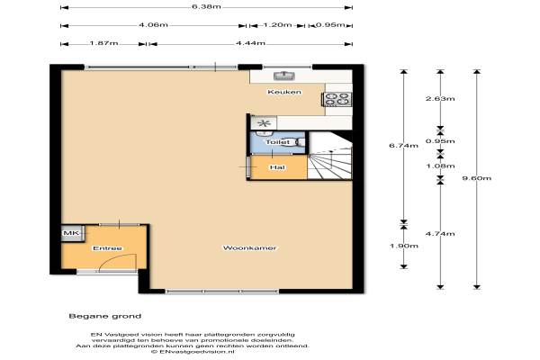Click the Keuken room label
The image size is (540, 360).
click(x=284, y=92)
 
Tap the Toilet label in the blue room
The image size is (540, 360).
click(x=277, y=142)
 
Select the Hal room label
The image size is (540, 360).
click(x=277, y=167)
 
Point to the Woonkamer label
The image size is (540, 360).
click(x=249, y=248)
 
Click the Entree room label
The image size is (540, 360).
click(x=107, y=248)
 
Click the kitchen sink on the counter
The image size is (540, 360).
click(x=284, y=76)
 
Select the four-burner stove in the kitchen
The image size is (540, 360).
click(x=337, y=99)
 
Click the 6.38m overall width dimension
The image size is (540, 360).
click(x=206, y=6)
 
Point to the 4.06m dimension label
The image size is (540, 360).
click(x=153, y=25)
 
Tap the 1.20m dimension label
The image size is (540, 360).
click(x=277, y=25)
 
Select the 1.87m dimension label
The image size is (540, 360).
click(x=103, y=43)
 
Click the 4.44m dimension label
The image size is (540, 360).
click(x=250, y=43)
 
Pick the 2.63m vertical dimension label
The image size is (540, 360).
click(x=440, y=98)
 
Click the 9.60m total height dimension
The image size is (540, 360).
click(x=477, y=178)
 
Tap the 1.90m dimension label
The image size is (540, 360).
click(x=403, y=246)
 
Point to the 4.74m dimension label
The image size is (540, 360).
click(x=440, y=234)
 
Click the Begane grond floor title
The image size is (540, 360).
click(x=105, y=316)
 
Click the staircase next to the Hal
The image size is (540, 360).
click(x=330, y=162)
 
